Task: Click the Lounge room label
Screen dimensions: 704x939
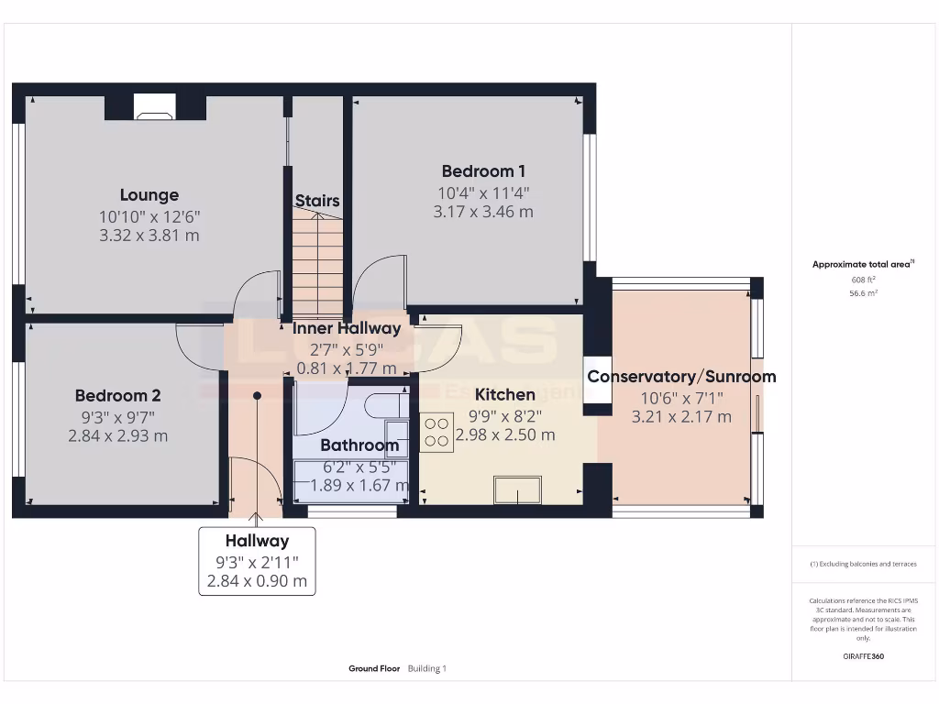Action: click(x=149, y=195)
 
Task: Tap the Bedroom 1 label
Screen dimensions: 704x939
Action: click(x=483, y=171)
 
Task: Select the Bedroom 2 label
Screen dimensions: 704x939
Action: click(x=117, y=396)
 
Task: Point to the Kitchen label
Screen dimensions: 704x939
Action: click(x=504, y=395)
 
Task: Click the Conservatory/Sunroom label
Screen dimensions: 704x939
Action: click(x=681, y=377)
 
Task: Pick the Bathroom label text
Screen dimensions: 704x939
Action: click(x=359, y=446)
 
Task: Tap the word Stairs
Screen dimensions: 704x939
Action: click(x=317, y=201)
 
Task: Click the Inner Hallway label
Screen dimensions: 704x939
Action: click(x=346, y=328)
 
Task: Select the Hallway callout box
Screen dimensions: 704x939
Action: click(x=257, y=561)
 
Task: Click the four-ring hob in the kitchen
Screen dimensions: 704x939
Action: click(x=436, y=432)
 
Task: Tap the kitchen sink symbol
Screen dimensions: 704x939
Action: click(x=517, y=490)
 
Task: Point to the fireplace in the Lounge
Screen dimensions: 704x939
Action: click(x=154, y=107)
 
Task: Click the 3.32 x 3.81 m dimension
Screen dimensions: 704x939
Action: click(x=149, y=236)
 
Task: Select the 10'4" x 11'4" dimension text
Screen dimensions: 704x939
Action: click(x=483, y=193)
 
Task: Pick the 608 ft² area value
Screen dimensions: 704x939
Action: click(x=863, y=280)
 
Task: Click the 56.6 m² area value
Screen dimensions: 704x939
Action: click(x=863, y=293)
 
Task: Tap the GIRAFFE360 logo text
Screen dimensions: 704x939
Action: click(x=863, y=656)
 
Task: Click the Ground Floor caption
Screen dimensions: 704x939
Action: click(x=374, y=669)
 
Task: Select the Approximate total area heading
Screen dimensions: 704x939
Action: click(x=863, y=264)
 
